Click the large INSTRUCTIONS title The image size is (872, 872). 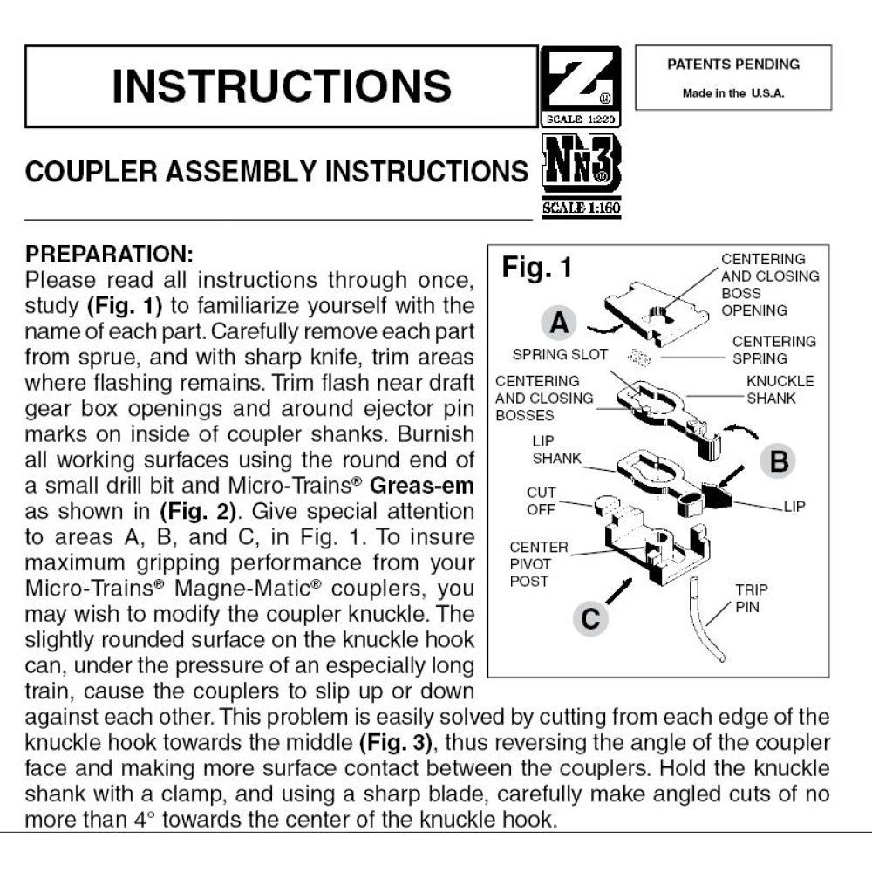281,85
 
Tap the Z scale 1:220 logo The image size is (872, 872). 581,85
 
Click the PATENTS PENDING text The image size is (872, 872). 732,65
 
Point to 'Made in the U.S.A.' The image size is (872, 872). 732,93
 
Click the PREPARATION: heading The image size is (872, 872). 109,255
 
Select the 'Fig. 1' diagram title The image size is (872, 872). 536,268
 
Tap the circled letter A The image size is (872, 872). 559,324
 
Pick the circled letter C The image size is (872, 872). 590,618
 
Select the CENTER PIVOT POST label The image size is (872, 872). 538,563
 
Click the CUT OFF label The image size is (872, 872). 541,501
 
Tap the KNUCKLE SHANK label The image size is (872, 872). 780,390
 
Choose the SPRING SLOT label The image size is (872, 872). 552,354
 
